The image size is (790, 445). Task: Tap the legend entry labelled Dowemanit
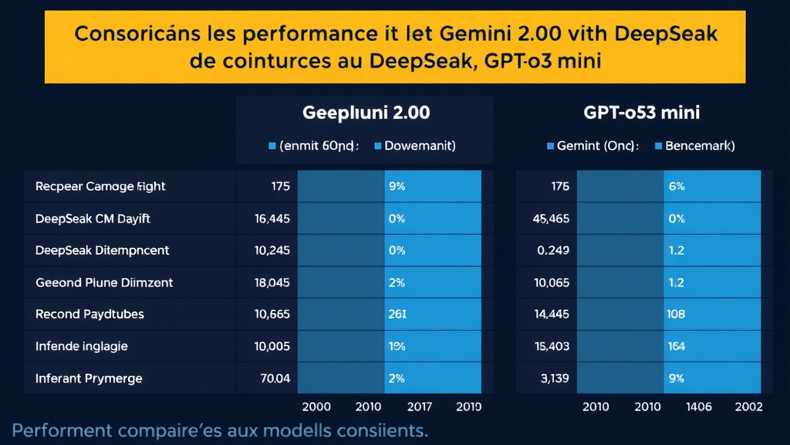419,145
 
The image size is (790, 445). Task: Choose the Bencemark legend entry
698,145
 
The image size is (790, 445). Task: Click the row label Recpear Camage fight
100,186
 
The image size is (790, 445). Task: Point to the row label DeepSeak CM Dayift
93,219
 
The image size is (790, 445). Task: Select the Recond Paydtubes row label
89,314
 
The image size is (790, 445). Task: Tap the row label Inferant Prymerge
89,379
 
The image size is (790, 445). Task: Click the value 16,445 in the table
272,219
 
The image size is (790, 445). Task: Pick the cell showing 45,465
551,219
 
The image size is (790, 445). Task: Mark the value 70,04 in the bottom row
275,379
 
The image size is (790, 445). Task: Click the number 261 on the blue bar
397,314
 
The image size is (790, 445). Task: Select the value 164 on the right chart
677,347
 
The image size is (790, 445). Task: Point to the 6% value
677,186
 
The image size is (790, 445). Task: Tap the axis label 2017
419,406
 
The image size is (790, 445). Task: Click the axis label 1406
699,406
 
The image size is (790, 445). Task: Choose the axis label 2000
316,406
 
